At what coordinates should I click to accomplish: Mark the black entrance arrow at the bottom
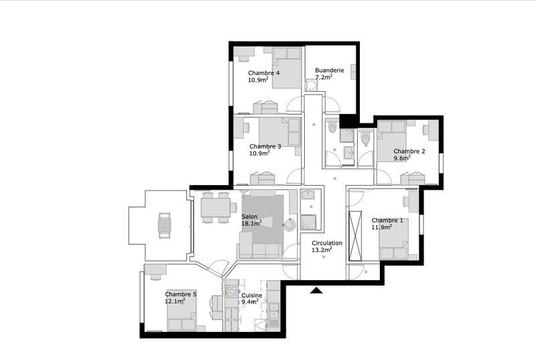click(316, 290)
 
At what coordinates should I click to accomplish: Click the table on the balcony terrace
click(163, 225)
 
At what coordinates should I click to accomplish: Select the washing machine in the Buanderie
click(312, 85)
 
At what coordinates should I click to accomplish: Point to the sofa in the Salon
click(258, 250)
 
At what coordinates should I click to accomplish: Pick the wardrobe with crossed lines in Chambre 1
click(356, 235)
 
